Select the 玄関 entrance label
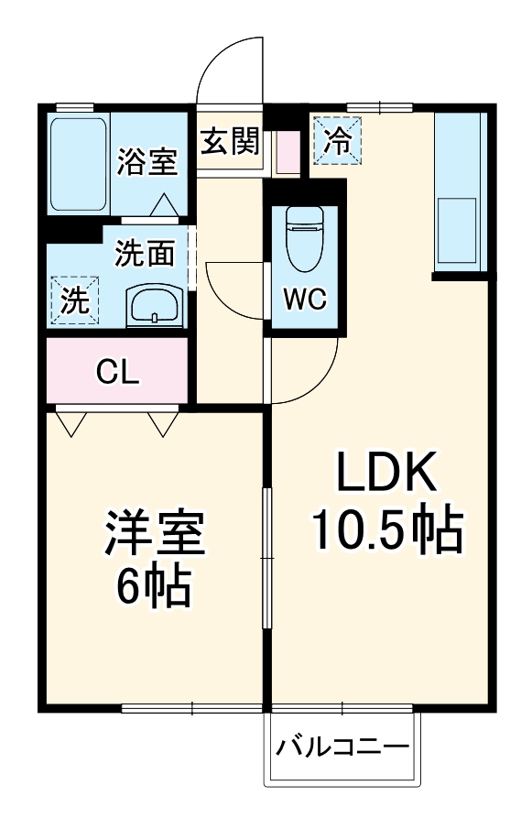[x=230, y=142]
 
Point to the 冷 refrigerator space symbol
[x=338, y=140]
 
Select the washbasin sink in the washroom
[x=153, y=305]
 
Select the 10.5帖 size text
[x=385, y=529]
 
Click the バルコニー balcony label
[x=343, y=746]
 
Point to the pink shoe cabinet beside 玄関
[x=288, y=153]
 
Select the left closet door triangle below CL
[x=71, y=422]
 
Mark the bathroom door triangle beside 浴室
[x=165, y=205]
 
